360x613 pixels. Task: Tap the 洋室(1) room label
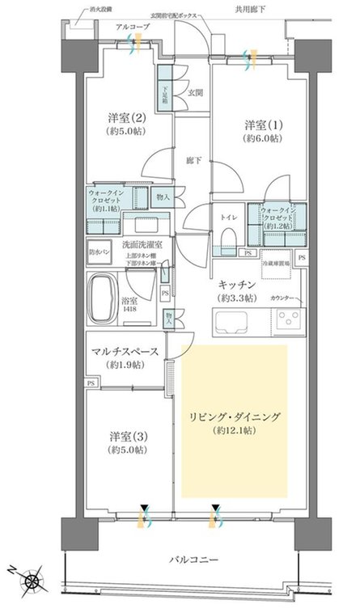point(264,131)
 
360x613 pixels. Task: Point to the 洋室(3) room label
point(128,443)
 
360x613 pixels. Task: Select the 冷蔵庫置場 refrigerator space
point(277,264)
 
